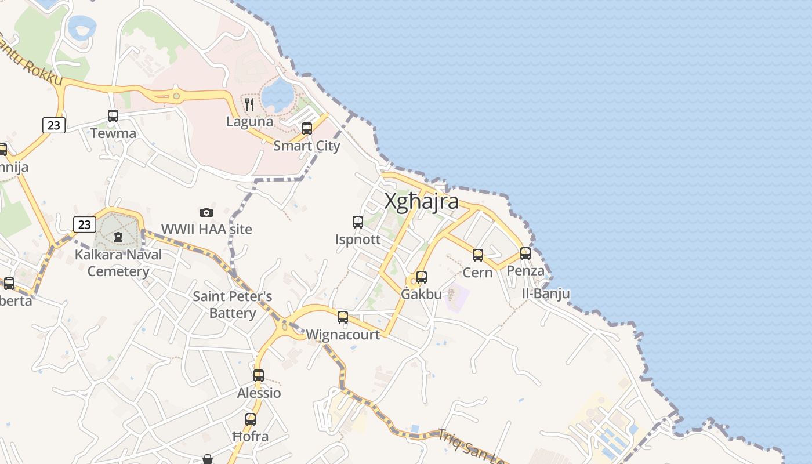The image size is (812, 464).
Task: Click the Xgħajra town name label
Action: pos(422,202)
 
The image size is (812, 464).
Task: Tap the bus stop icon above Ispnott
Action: pos(358,222)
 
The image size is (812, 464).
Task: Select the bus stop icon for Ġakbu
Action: pos(422,277)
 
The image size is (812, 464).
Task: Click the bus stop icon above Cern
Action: pos(478,255)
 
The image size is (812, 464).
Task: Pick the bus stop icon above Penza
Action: pos(525,253)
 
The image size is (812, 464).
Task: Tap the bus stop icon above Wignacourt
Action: pos(343,317)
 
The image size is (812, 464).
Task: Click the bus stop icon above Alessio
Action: pos(259,375)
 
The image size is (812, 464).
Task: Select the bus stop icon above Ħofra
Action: pos(251,419)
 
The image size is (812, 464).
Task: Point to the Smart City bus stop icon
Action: pos(307,128)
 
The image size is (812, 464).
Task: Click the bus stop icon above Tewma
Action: pos(113,115)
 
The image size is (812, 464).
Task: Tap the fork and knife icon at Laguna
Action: pos(249,104)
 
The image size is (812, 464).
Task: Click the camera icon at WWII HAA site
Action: pos(206,212)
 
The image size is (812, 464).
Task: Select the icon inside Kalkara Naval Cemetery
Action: pos(118,237)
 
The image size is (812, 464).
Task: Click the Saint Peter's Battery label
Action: pos(233,304)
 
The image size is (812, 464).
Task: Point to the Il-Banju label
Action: pos(545,293)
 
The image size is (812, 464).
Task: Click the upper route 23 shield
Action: pos(53,125)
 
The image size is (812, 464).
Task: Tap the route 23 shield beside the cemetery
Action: pos(85,224)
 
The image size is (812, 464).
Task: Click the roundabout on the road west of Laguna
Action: pos(177,96)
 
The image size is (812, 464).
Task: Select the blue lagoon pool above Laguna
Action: pos(277,95)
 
